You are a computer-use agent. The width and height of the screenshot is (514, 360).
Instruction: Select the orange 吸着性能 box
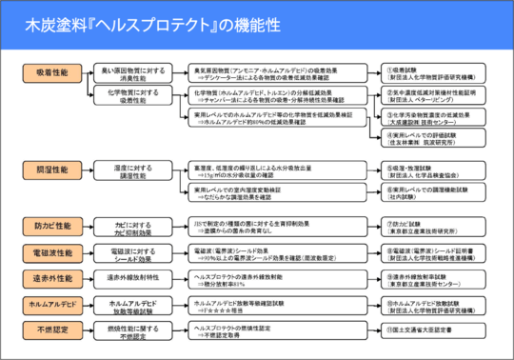[x=49, y=71]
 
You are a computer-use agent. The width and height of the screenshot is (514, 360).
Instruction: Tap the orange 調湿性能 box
[x=49, y=168]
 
